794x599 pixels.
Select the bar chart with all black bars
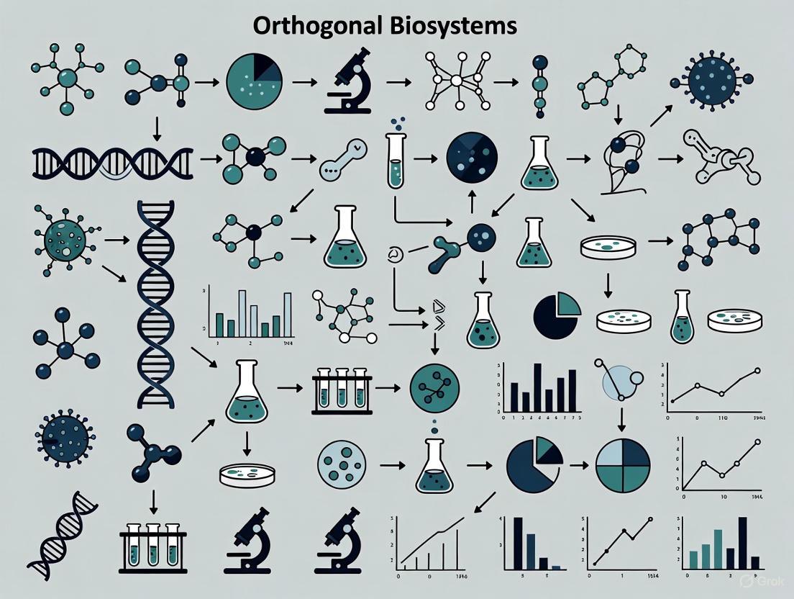coord(541,389)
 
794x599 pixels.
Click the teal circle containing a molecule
coord(434,389)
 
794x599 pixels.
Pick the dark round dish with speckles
coord(472,154)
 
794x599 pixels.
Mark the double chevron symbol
coord(437,310)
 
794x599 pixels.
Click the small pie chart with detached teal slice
coord(556,315)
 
